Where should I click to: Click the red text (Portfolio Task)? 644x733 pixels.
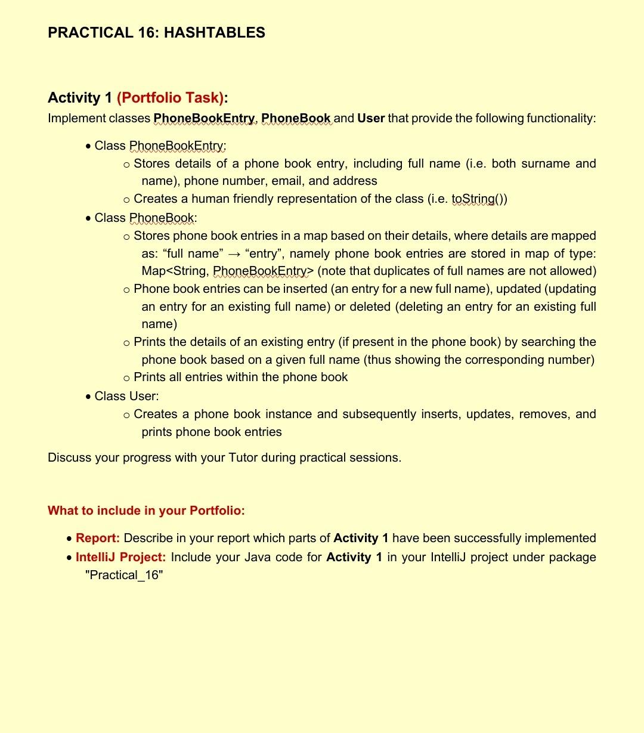(171, 97)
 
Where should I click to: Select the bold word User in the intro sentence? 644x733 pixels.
(371, 118)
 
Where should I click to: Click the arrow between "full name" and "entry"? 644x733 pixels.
(233, 253)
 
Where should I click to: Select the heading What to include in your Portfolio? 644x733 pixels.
(146, 511)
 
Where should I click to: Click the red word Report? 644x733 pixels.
(98, 538)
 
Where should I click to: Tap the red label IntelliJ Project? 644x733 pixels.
(120, 557)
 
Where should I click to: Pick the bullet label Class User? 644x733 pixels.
(126, 396)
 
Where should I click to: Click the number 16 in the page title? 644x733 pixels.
(148, 33)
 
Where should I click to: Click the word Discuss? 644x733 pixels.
(70, 457)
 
